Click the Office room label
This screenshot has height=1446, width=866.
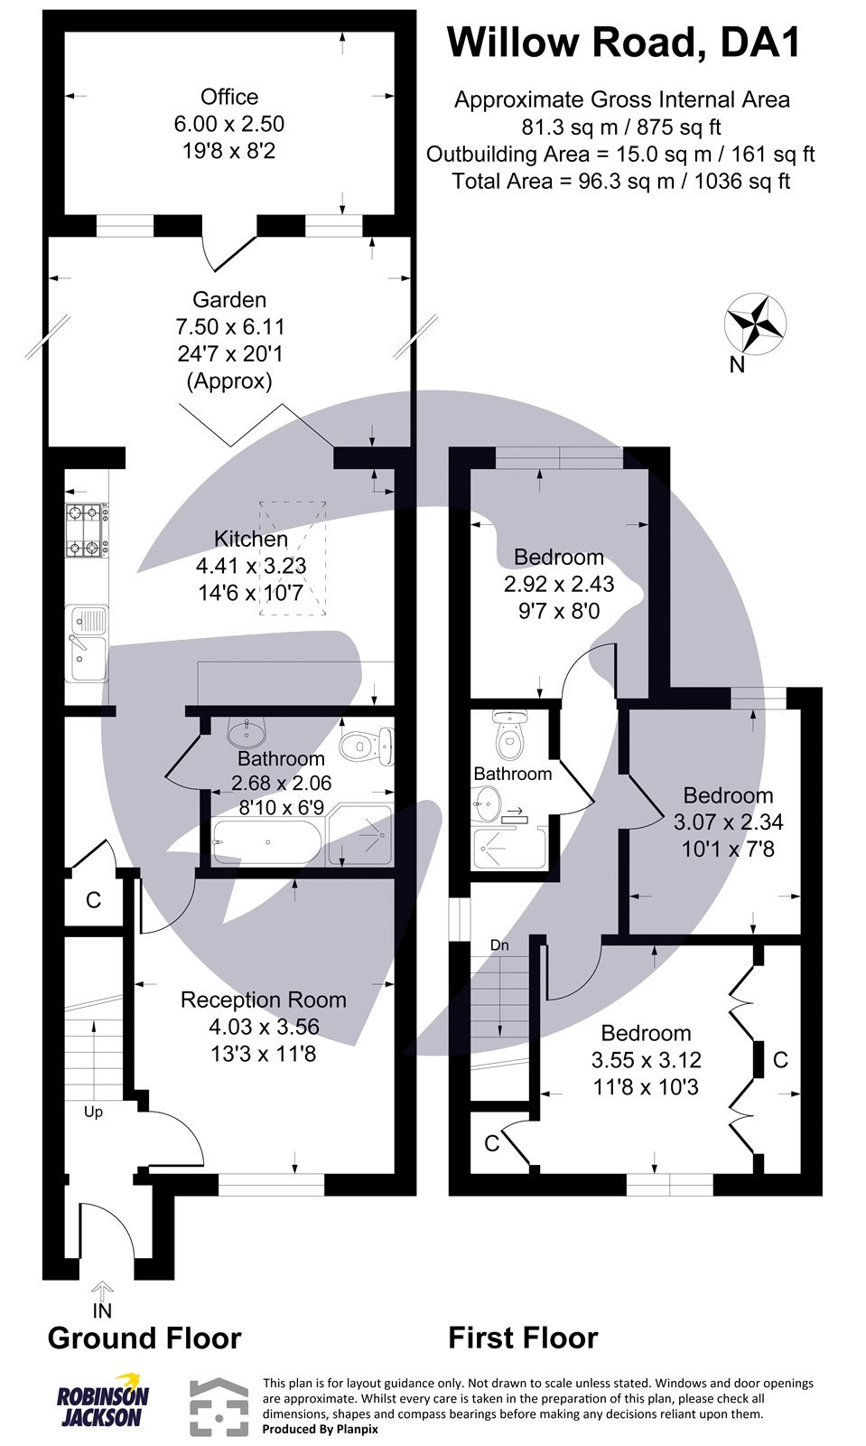click(229, 97)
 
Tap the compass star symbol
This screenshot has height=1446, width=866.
click(755, 323)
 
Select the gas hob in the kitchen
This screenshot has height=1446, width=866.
click(87, 531)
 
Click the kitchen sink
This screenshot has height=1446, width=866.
click(87, 643)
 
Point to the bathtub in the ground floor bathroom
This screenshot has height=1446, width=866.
click(266, 842)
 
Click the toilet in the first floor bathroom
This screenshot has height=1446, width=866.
click(509, 740)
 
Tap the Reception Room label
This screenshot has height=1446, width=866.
click(263, 1000)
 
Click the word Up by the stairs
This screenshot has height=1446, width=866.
click(93, 1112)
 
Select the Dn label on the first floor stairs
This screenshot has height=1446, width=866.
click(499, 945)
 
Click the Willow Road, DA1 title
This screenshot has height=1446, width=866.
click(624, 42)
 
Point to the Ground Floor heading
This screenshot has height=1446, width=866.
click(144, 1338)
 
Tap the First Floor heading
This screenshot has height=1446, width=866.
click(523, 1338)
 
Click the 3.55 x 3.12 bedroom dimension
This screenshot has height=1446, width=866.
click(646, 1059)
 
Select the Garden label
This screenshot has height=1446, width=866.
click(229, 299)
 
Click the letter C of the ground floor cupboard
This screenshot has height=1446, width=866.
click(92, 900)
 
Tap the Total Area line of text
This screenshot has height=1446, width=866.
click(620, 181)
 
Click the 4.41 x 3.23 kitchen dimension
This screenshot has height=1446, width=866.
click(251, 566)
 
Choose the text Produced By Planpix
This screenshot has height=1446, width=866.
click(320, 1429)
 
